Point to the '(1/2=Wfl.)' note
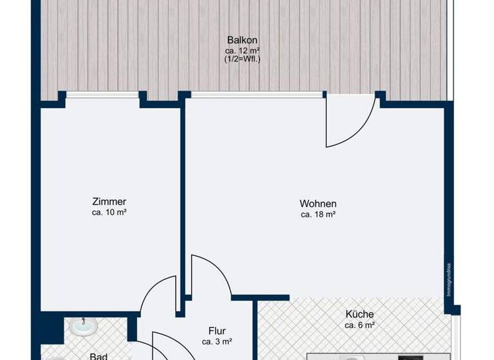[242, 59]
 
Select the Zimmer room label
[109, 201]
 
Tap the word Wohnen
[318, 204]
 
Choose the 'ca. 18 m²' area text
[318, 215]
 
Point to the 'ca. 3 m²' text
[217, 342]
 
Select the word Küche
[359, 314]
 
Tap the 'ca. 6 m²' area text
[359, 325]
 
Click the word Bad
[98, 355]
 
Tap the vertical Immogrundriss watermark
[450, 280]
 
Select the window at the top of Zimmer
[103, 95]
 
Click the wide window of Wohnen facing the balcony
[257, 95]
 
